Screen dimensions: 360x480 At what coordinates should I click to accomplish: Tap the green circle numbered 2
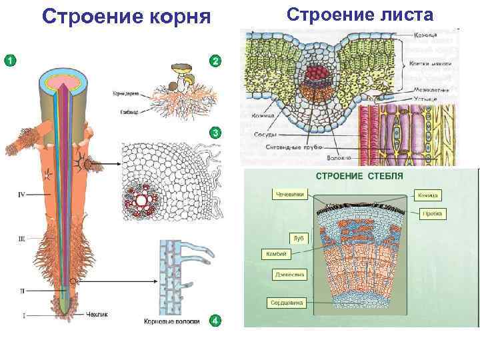click(x=215, y=61)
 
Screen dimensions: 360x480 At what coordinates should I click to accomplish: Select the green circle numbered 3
click(x=215, y=133)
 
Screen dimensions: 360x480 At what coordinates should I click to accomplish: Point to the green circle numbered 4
click(x=215, y=321)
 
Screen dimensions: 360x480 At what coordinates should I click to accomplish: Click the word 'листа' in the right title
click(x=400, y=15)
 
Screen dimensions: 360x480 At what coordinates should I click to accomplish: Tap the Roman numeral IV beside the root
click(x=21, y=195)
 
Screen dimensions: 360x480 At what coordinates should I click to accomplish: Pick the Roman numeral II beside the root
click(x=22, y=291)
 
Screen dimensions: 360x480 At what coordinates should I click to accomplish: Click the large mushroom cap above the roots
click(x=182, y=68)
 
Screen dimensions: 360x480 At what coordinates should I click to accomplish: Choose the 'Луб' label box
click(x=298, y=237)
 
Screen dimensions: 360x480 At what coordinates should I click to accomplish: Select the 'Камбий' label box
click(x=276, y=254)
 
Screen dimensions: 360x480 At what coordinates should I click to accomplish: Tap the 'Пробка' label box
click(x=433, y=214)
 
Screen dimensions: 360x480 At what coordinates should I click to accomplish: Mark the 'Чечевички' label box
click(x=289, y=195)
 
